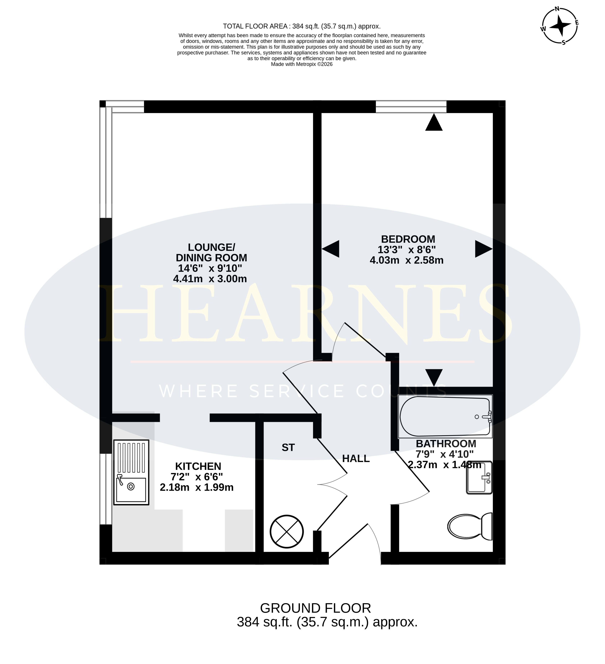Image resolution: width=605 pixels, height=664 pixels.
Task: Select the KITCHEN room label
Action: click(x=198, y=466)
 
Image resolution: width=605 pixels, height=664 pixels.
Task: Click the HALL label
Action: click(x=356, y=459)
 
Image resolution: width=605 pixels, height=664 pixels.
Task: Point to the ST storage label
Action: click(x=288, y=447)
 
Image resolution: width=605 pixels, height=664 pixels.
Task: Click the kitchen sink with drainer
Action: click(x=131, y=472)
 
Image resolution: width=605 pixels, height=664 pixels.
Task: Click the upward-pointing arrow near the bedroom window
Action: click(x=434, y=122)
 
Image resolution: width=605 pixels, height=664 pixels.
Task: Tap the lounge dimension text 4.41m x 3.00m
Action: click(x=210, y=279)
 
